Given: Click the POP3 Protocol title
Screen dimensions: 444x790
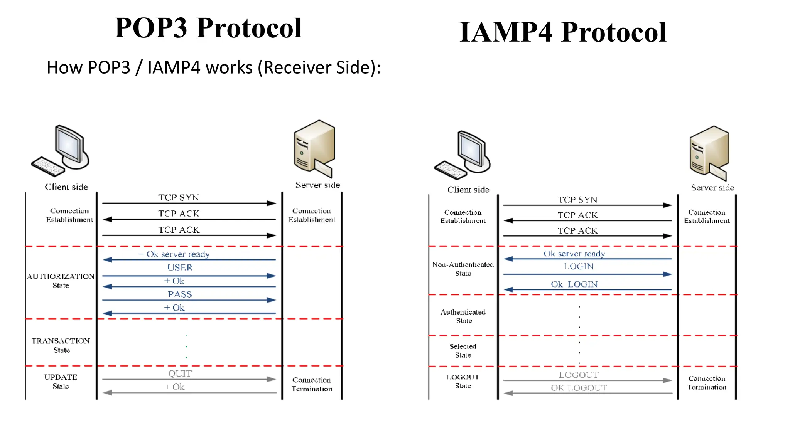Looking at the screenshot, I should (208, 28).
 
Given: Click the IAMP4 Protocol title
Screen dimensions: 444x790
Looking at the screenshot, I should (563, 32).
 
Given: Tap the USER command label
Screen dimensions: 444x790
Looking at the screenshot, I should (180, 267).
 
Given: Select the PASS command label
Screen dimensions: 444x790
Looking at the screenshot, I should (180, 294).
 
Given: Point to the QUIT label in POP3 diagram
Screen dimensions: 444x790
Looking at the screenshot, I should (180, 373).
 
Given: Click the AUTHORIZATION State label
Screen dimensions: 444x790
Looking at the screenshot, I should (61, 281).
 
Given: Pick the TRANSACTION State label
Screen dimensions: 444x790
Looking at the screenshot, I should (61, 345).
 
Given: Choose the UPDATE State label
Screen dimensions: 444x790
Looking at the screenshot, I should (61, 381).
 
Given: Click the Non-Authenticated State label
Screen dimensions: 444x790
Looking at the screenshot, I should (463, 269).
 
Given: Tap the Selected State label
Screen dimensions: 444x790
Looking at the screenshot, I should (463, 351).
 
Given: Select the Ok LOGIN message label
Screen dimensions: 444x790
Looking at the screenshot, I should (574, 284).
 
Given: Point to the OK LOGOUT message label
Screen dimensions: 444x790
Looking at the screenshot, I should (579, 388).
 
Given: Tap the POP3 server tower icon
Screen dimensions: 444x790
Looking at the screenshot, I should (314, 148).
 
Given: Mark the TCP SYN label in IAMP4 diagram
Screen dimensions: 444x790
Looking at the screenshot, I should (577, 200).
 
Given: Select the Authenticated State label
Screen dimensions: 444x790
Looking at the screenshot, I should (463, 316).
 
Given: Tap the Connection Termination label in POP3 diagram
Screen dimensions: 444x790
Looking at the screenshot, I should (312, 384).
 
